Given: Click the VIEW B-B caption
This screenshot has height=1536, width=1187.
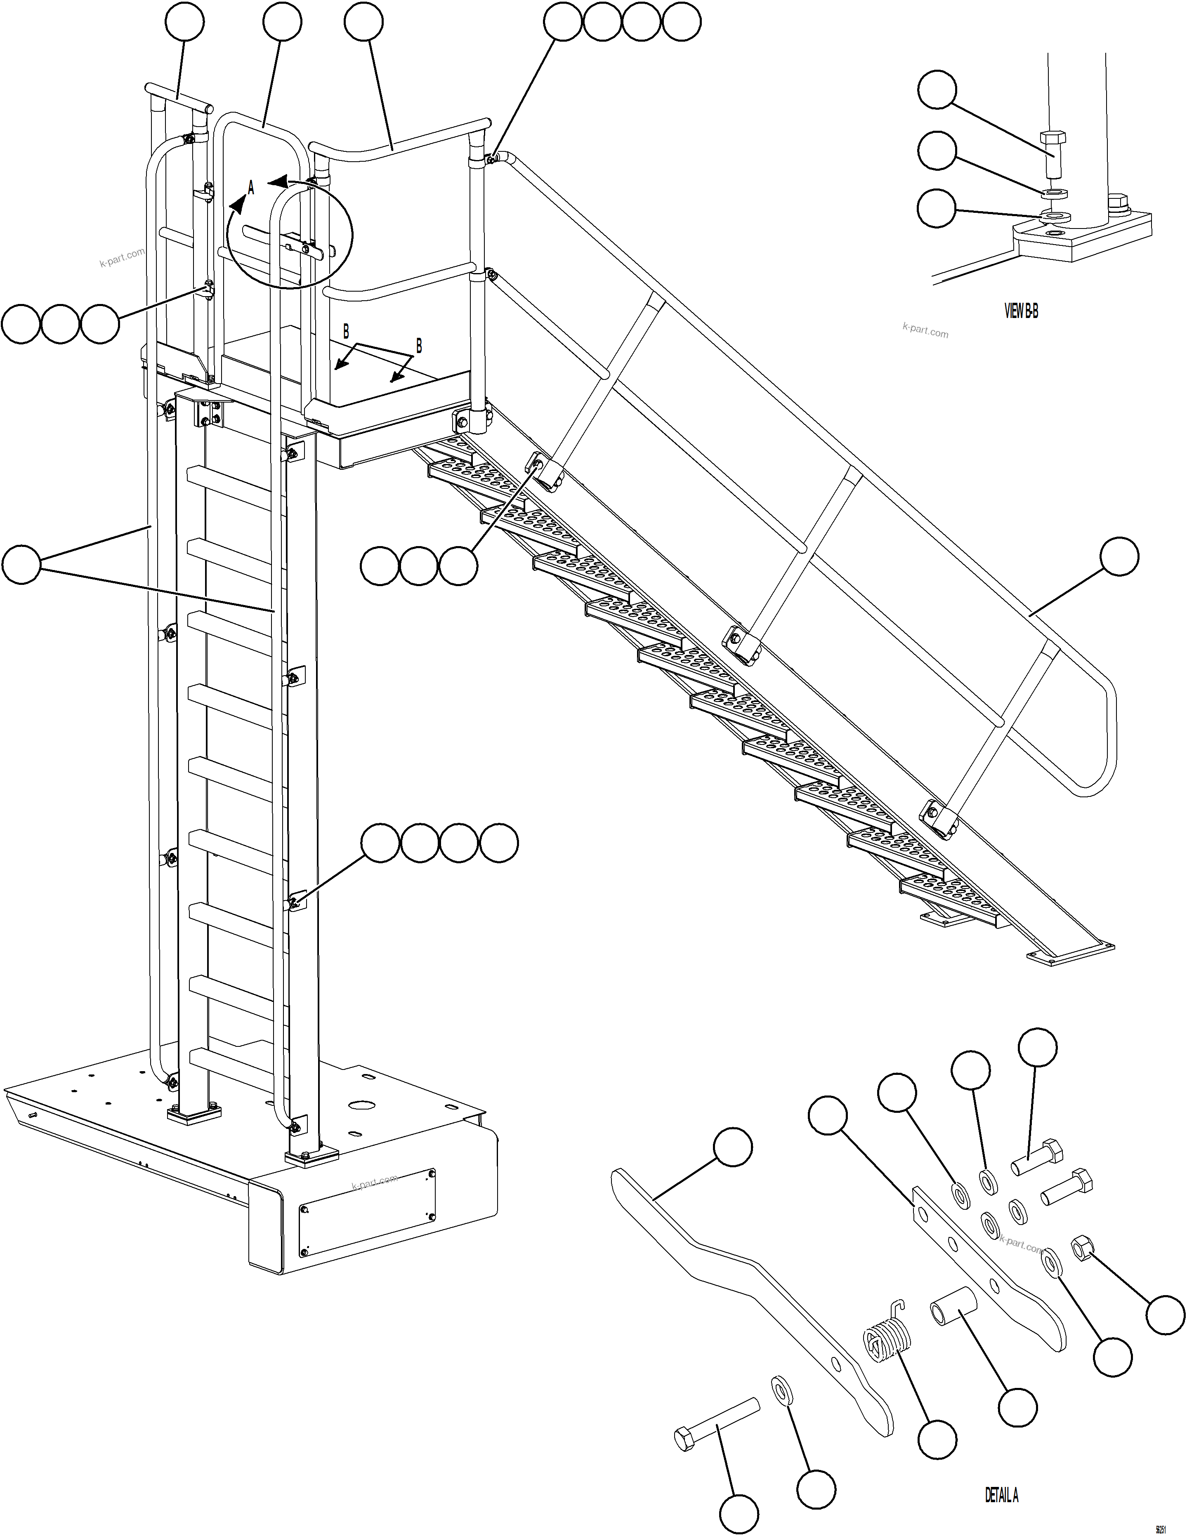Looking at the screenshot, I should [x=1021, y=311].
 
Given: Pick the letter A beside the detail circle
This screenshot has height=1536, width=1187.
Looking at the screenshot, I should [x=251, y=188].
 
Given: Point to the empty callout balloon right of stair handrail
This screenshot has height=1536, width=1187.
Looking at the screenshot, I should [x=1119, y=556].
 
